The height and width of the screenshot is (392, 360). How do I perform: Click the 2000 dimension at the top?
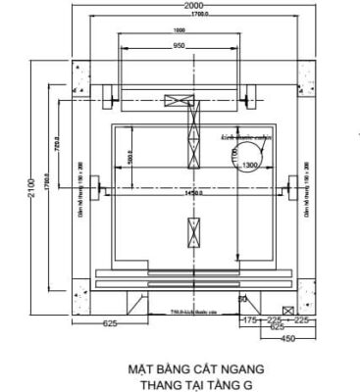(x=193, y=6)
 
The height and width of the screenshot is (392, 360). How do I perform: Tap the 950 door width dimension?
(x=180, y=45)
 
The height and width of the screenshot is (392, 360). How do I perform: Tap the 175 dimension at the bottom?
(x=248, y=318)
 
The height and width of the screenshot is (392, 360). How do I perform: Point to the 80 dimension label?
(x=241, y=298)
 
